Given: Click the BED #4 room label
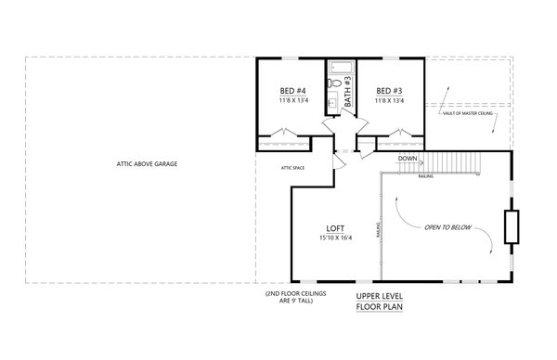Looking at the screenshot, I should pos(293,91).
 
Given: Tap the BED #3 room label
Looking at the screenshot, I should pos(387,91).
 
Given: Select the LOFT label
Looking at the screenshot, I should pos(335,227).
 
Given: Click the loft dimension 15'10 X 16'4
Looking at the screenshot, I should pos(335,238).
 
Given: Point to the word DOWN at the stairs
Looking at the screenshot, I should pos(407,159).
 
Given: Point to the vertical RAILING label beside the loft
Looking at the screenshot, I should pos(378,227).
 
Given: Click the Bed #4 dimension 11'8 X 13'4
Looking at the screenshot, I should pos(293,100).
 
